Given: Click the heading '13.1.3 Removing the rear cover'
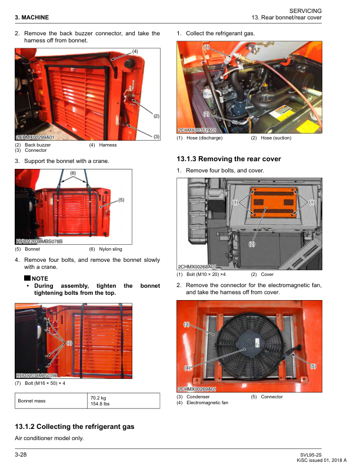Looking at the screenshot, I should click(x=229, y=159).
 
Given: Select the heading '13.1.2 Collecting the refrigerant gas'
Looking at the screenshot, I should click(x=74, y=426).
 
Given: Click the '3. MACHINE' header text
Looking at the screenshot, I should click(x=32, y=17).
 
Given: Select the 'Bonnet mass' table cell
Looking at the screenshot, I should click(x=33, y=401).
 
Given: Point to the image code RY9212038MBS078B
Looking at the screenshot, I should click(x=39, y=241).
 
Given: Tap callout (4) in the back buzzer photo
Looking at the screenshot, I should click(x=135, y=52).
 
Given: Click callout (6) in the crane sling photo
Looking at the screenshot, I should click(x=73, y=173).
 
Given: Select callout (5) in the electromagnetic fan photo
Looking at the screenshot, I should click(x=313, y=366).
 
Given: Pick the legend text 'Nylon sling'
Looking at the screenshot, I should click(x=111, y=249).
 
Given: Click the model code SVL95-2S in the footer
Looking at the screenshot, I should click(x=310, y=455).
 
